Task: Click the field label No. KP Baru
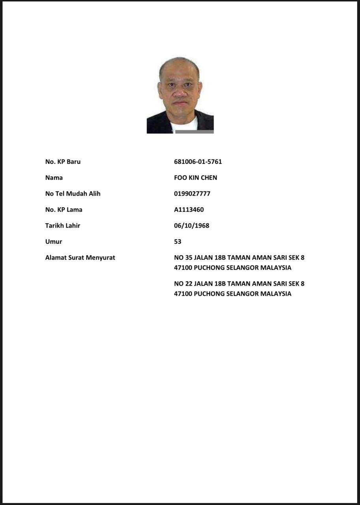pos(63,162)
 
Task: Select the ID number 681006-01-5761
pos(198,162)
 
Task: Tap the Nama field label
pos(54,178)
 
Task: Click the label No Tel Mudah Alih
pos(73,194)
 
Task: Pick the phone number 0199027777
pos(192,194)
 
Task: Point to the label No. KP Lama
pos(64,209)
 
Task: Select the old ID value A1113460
pos(189,209)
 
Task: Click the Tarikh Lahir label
pos(62,226)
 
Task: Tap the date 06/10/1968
pos(191,226)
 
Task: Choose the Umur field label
pos(53,241)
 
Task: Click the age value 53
pos(178,241)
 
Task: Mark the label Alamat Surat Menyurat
pos(80,258)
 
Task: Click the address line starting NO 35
pos(239,258)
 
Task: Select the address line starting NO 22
pos(239,284)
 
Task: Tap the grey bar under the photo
pos(194,132)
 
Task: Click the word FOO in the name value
pos(180,178)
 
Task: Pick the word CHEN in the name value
pos(209,178)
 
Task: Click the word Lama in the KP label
pos(74,209)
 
